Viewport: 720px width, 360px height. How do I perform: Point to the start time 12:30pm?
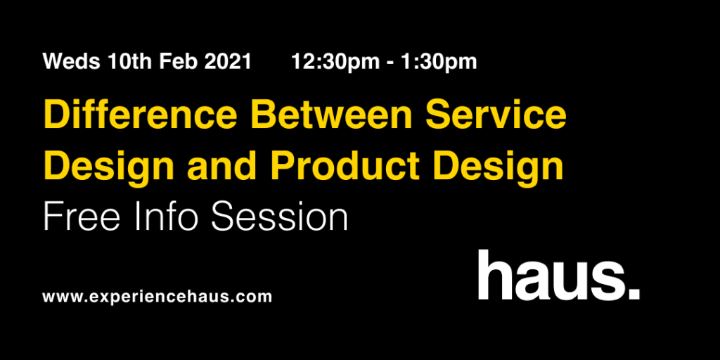click(x=335, y=62)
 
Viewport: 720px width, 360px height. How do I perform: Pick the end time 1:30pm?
click(x=439, y=62)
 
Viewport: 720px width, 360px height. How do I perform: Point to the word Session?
click(x=280, y=217)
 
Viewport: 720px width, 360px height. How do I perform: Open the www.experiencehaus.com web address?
click(x=157, y=297)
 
